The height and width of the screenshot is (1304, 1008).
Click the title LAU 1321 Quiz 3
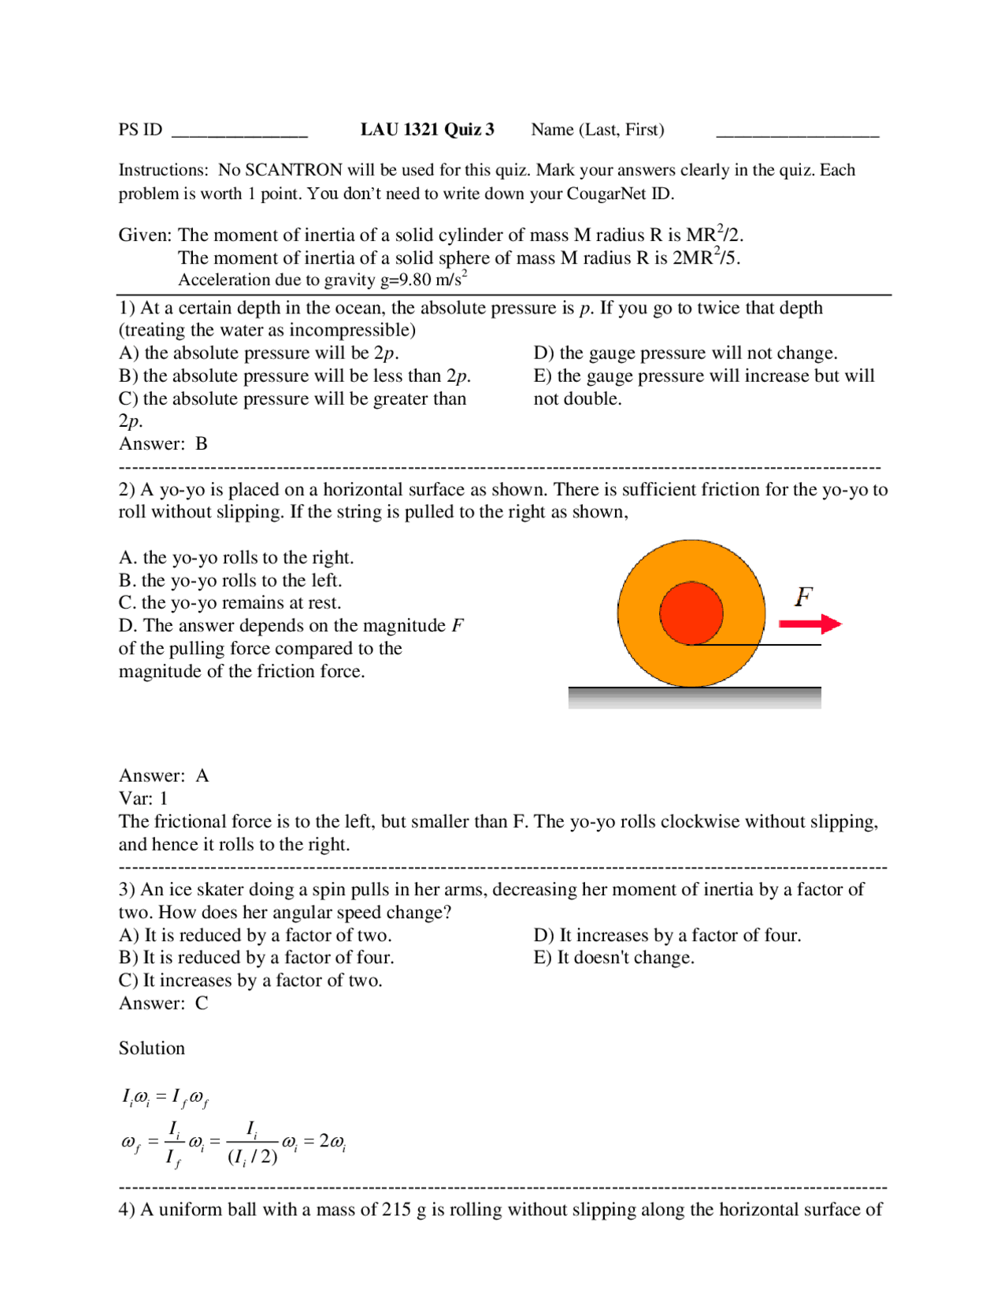[427, 130]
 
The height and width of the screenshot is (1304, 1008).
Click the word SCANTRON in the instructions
[294, 170]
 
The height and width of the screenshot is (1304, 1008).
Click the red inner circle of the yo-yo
[691, 613]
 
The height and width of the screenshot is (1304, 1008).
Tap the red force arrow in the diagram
[810, 624]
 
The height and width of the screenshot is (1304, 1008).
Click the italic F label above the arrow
[803, 597]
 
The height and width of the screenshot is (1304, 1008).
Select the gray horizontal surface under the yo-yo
[695, 697]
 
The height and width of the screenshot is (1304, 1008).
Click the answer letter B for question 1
[202, 444]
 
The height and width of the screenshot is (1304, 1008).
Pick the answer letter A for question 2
[202, 776]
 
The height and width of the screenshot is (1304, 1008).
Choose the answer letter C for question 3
[202, 1003]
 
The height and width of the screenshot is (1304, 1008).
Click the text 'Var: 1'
[143, 798]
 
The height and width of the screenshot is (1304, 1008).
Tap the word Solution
[152, 1049]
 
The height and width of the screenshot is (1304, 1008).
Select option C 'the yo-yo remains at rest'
[230, 603]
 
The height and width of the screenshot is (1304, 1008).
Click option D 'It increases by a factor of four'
[667, 935]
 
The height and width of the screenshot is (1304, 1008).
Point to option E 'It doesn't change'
[614, 958]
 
